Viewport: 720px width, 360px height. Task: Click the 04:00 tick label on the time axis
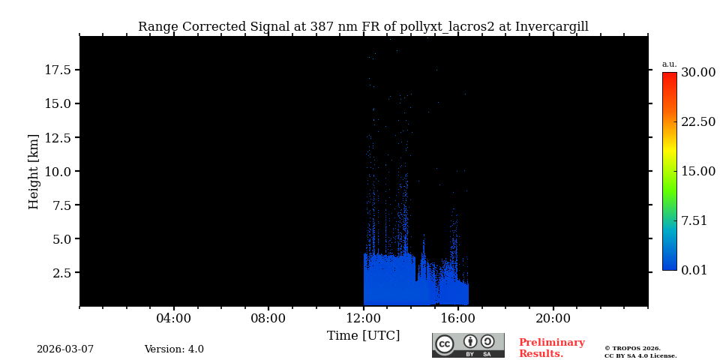coord(174,319)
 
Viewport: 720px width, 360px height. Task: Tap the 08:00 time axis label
coord(268,319)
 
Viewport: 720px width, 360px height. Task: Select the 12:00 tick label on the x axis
coord(363,319)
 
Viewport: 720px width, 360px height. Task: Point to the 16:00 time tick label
coord(458,319)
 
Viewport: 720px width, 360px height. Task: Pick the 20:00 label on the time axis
coord(553,319)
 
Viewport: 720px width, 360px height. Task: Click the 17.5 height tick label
coord(58,70)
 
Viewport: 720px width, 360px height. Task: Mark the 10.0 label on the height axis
coord(58,171)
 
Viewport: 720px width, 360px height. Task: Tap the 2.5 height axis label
coord(61,272)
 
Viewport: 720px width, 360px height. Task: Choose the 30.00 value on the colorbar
coord(697,73)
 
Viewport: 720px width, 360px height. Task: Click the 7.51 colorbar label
coord(694,220)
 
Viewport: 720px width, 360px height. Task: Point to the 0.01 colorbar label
coord(694,270)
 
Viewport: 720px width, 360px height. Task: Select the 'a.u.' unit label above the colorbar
coord(669,64)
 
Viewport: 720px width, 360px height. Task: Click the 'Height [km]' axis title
coord(34,171)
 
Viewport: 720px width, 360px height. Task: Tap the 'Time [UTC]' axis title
coord(363,336)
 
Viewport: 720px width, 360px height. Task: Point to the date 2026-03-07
coord(65,349)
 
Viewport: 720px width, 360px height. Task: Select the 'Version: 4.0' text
coord(174,349)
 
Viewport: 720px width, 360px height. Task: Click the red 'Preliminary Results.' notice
coord(551,348)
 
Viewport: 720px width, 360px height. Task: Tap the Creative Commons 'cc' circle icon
coord(445,344)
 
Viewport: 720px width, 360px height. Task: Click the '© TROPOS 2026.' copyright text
coord(632,349)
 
